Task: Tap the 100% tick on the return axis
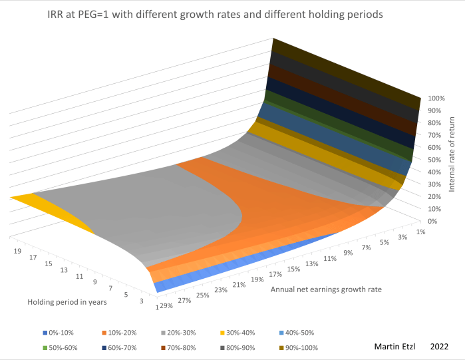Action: click(436, 98)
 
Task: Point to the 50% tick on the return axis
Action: click(436, 160)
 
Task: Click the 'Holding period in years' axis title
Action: click(67, 302)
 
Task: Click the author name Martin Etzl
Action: click(395, 347)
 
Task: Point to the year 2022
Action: click(439, 347)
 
